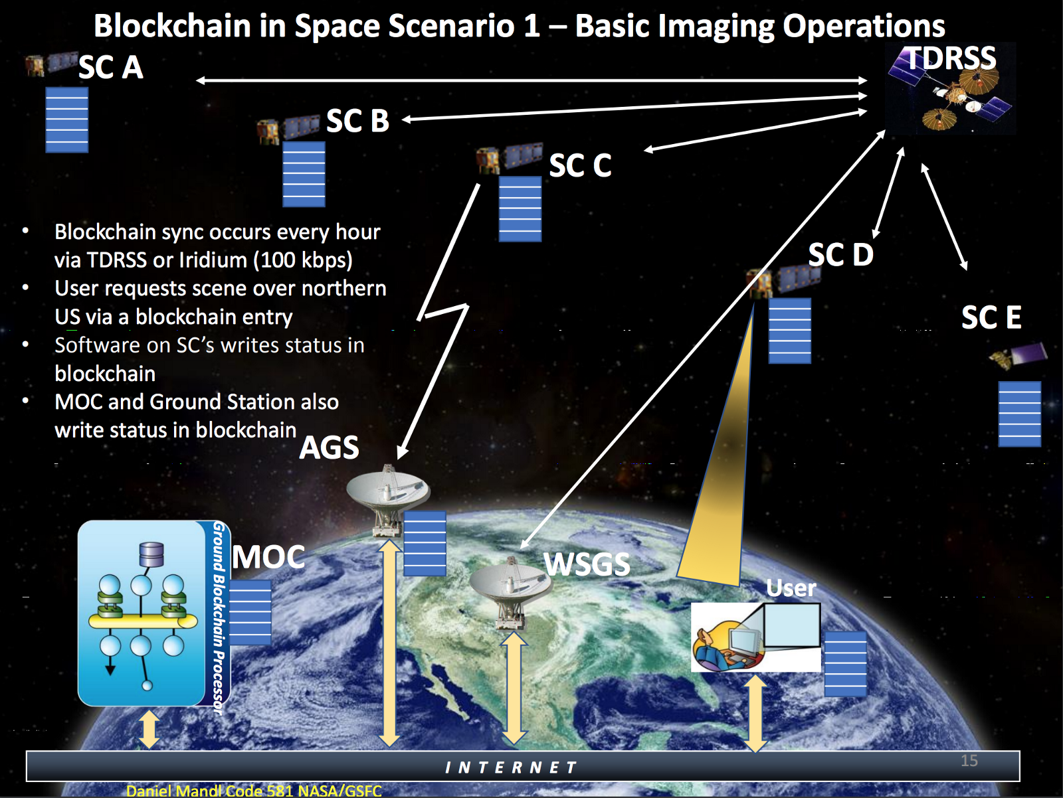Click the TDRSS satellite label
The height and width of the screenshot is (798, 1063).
[951, 58]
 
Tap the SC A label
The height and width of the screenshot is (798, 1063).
[111, 67]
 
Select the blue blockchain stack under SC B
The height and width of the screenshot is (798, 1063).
[304, 174]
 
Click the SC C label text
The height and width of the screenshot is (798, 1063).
[580, 165]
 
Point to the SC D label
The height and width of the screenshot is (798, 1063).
[840, 254]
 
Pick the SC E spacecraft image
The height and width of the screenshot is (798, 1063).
[1017, 356]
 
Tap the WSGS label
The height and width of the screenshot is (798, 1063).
[587, 564]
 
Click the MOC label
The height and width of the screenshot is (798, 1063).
[268, 557]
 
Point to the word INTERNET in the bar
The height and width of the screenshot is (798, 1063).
[511, 767]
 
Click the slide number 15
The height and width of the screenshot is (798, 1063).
[969, 761]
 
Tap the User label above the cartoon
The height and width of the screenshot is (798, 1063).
[791, 588]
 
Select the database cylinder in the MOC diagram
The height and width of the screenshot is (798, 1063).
[151, 554]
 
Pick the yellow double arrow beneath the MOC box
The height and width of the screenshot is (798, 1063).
[149, 729]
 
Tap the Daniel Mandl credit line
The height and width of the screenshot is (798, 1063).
[254, 791]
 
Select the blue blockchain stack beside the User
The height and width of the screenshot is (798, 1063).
[846, 664]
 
